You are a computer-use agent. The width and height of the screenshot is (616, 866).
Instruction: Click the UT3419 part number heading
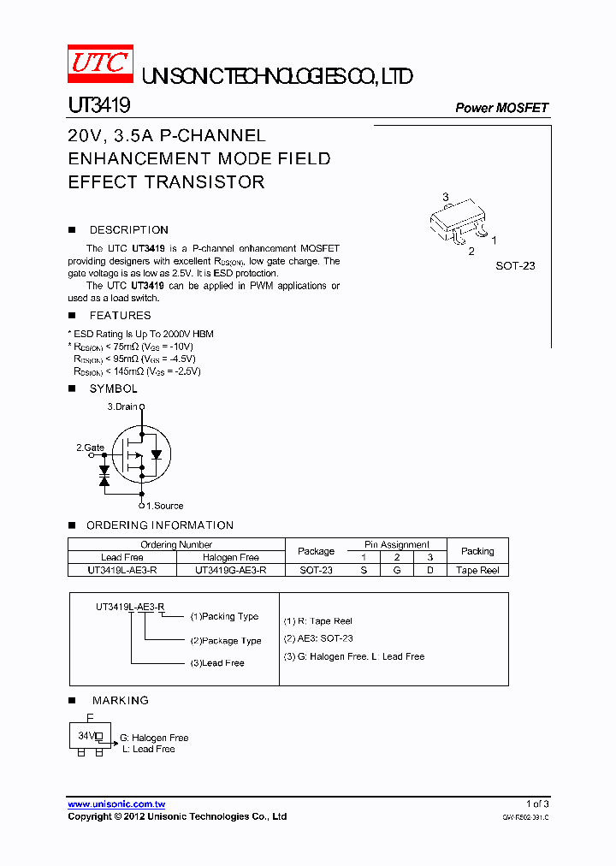click(98, 105)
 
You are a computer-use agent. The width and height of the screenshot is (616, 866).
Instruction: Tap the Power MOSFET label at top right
click(501, 108)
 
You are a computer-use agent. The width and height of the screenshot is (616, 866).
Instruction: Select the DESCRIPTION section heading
click(128, 230)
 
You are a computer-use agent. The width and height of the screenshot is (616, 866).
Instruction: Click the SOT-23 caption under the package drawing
click(515, 266)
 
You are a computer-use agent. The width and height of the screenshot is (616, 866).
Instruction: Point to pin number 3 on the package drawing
click(446, 198)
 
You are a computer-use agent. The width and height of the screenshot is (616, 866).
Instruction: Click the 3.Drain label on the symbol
click(121, 406)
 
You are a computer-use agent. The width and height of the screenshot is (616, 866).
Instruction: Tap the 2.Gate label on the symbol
click(90, 448)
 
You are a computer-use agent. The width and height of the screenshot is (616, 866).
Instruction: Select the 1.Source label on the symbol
click(163, 506)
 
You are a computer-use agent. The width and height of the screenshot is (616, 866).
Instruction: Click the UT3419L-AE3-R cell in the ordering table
click(121, 570)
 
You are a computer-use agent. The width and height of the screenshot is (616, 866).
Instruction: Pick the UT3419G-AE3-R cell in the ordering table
click(230, 570)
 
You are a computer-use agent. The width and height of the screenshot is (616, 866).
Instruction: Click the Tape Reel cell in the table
click(477, 570)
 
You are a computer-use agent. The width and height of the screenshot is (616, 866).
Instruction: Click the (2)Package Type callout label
click(226, 640)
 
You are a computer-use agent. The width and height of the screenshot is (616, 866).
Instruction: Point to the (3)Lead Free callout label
click(217, 663)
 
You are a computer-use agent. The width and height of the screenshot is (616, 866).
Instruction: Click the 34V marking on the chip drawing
click(86, 735)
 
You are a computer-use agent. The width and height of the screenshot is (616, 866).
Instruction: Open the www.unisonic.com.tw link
click(116, 804)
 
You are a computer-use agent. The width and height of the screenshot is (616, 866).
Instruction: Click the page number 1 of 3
click(536, 804)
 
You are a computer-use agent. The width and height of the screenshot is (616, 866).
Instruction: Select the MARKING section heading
click(120, 701)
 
